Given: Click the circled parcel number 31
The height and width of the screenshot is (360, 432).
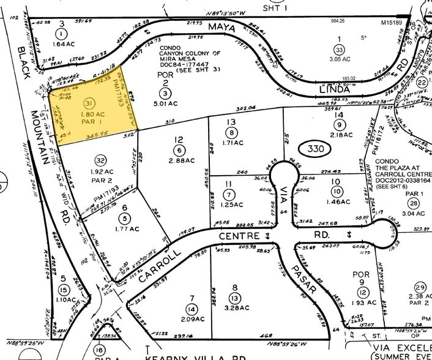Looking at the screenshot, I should point(90,102).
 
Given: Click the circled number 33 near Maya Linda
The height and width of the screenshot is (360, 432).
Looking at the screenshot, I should point(338,50).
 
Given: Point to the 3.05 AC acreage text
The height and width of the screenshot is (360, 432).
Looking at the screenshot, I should point(338,60).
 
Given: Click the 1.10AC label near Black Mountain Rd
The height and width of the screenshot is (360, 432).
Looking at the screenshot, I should point(64,301).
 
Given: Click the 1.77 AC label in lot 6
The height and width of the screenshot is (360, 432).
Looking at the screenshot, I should point(125,228).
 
